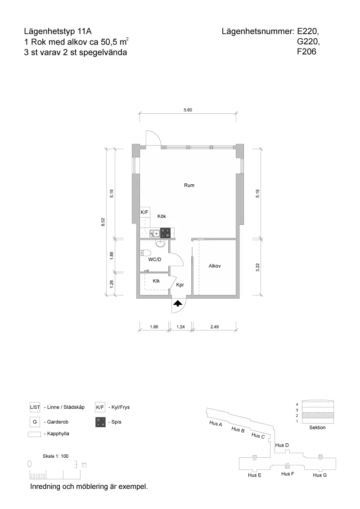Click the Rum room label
click(x=189, y=185)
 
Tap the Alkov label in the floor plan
click(x=214, y=266)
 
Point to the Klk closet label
click(x=156, y=281)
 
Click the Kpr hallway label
click(x=180, y=285)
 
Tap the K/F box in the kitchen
click(x=144, y=212)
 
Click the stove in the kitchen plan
click(x=166, y=233)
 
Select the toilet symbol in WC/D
click(x=159, y=243)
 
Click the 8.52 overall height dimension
click(x=103, y=222)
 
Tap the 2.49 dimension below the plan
click(x=214, y=327)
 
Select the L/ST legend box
click(x=35, y=408)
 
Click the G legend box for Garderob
click(x=35, y=422)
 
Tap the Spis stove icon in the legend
click(x=100, y=422)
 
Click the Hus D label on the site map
click(x=281, y=445)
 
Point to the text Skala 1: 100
click(x=55, y=456)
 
